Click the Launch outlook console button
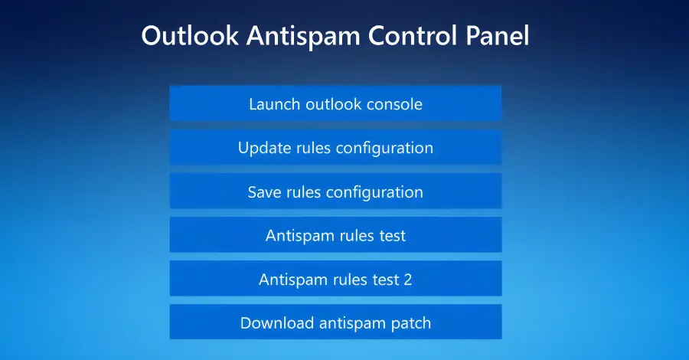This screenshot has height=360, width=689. [335, 103]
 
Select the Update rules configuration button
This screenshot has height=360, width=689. [335, 147]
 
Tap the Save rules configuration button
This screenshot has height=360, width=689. [335, 191]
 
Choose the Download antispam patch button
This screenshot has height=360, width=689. [335, 322]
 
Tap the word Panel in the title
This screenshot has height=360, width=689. [496, 36]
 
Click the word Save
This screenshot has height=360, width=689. [264, 191]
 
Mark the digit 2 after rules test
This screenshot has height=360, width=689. [407, 280]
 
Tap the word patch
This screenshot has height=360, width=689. [410, 323]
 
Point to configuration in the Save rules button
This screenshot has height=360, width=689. [374, 191]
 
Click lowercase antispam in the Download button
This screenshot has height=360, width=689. [347, 323]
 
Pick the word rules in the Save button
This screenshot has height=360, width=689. [304, 191]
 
